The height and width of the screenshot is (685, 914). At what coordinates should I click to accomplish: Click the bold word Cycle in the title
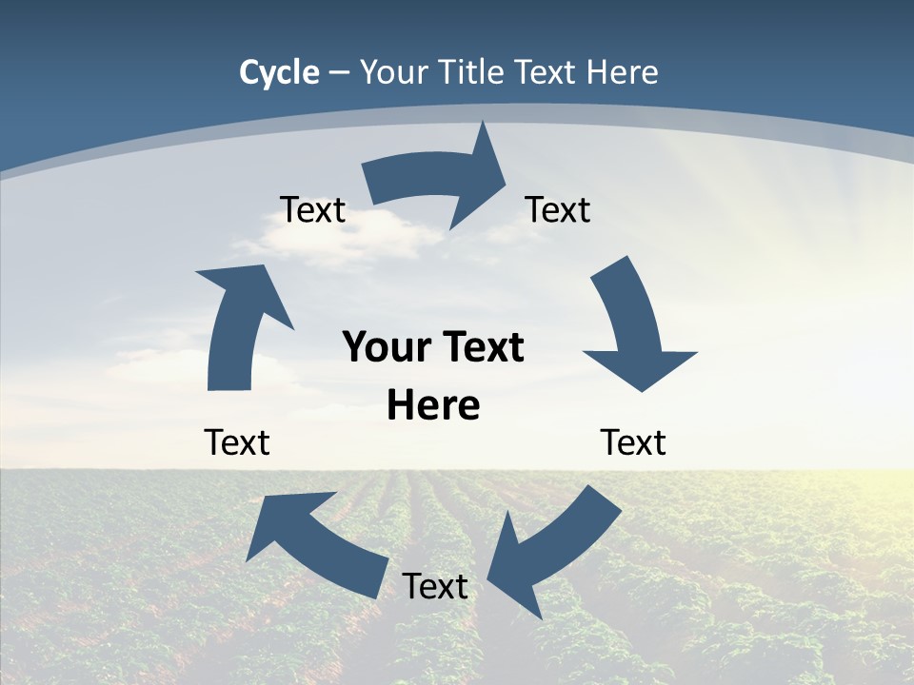pos(279,72)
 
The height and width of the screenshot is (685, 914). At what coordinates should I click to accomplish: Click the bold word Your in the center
pos(381,347)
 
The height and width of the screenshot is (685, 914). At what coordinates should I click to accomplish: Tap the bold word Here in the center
pos(433,406)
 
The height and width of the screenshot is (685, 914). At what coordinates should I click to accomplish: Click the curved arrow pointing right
pos(438,181)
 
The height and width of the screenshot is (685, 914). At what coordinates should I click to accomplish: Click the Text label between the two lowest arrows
pos(435,586)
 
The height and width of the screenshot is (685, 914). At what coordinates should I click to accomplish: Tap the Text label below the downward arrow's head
pos(633,442)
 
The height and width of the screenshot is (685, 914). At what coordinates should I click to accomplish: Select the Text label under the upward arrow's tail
pos(237,442)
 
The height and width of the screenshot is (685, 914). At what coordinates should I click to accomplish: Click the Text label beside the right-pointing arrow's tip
pos(558,209)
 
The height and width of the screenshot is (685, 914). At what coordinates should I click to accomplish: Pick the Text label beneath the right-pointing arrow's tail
pos(312,209)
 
